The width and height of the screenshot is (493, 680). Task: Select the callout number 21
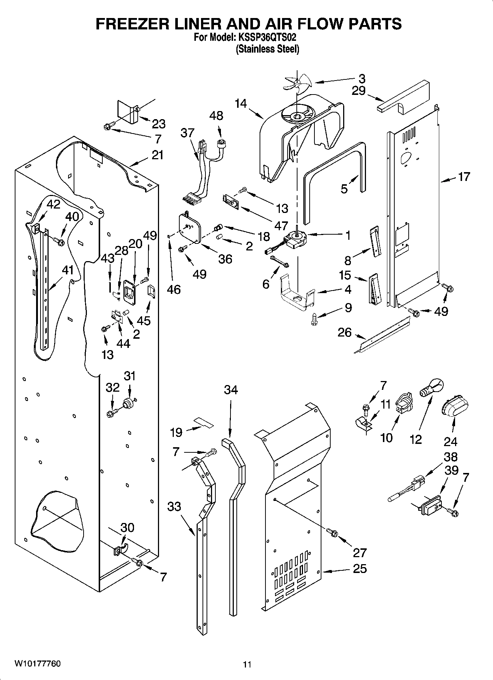tap(157, 155)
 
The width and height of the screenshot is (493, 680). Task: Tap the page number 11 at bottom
tap(247, 665)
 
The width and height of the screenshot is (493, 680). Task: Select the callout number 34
tap(231, 390)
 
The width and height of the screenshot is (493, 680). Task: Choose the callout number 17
tap(464, 177)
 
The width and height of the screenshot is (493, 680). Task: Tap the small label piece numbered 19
tap(204, 422)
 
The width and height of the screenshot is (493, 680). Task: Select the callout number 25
tap(359, 569)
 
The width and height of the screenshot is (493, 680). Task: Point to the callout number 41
tap(68, 271)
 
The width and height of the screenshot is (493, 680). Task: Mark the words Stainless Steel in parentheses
tap(267, 49)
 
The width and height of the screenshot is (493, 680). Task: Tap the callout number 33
tap(174, 507)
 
